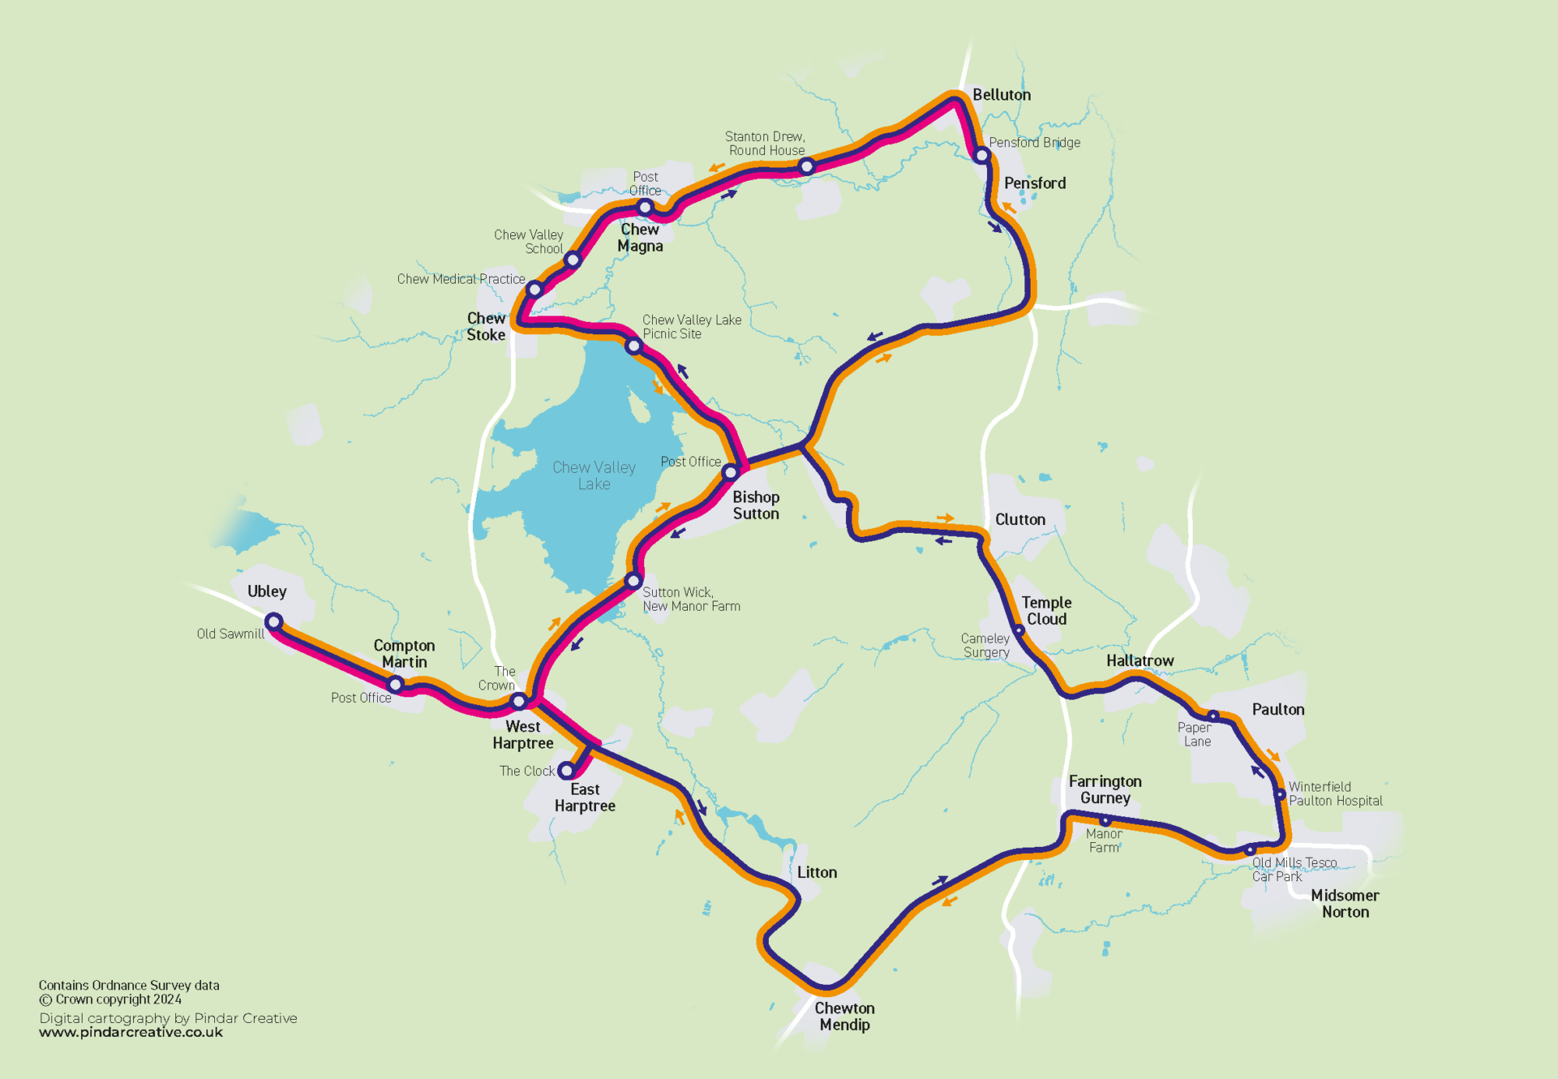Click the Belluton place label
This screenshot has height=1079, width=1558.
click(1001, 95)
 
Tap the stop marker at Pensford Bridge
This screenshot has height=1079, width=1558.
click(982, 155)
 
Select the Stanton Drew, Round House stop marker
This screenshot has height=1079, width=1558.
click(807, 166)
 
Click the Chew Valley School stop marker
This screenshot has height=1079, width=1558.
click(573, 259)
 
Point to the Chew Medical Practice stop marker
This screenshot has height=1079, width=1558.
click(535, 290)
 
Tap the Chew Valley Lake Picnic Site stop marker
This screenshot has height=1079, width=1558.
click(634, 346)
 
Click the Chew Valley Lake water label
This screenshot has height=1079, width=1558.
click(594, 475)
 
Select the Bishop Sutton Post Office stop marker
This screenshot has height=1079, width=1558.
click(730, 472)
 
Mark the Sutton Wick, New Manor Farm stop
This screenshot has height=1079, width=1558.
click(633, 580)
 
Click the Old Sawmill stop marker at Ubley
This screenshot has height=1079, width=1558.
click(273, 622)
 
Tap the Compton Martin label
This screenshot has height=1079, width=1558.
click(404, 654)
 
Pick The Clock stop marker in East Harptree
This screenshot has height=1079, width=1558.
click(567, 770)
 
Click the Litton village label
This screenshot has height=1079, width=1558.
click(816, 873)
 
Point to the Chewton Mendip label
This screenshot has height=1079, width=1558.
click(844, 1016)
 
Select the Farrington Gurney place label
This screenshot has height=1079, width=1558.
click(1105, 789)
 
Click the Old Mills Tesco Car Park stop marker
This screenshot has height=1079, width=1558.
click(1250, 850)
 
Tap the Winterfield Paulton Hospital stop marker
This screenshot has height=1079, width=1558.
click(1280, 795)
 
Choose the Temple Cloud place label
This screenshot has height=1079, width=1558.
click(1046, 611)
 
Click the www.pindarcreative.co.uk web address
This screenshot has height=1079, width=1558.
click(131, 1032)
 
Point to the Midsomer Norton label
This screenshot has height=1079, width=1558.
click(1345, 904)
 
